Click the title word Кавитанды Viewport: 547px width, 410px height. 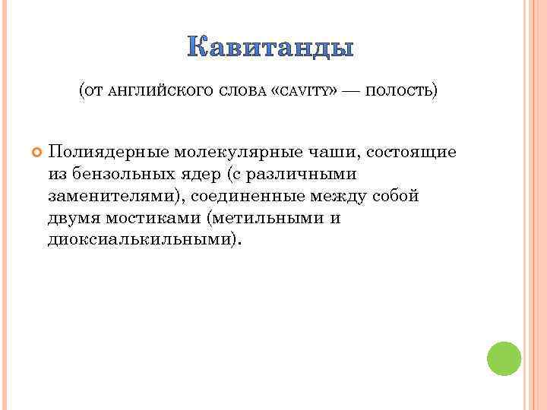click(x=270, y=48)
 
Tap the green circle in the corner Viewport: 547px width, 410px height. click(x=504, y=358)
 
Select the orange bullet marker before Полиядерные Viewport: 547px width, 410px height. click(x=35, y=153)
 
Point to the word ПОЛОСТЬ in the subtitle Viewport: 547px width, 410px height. click(x=400, y=91)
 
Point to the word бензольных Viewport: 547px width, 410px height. click(x=116, y=174)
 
